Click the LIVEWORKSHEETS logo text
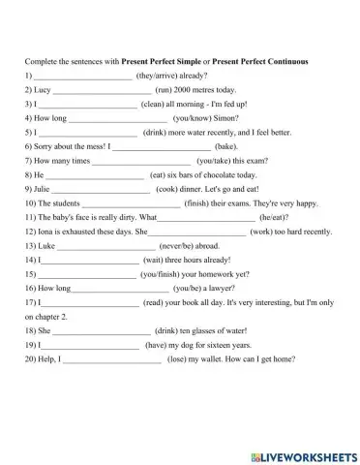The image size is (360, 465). click(x=303, y=452)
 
